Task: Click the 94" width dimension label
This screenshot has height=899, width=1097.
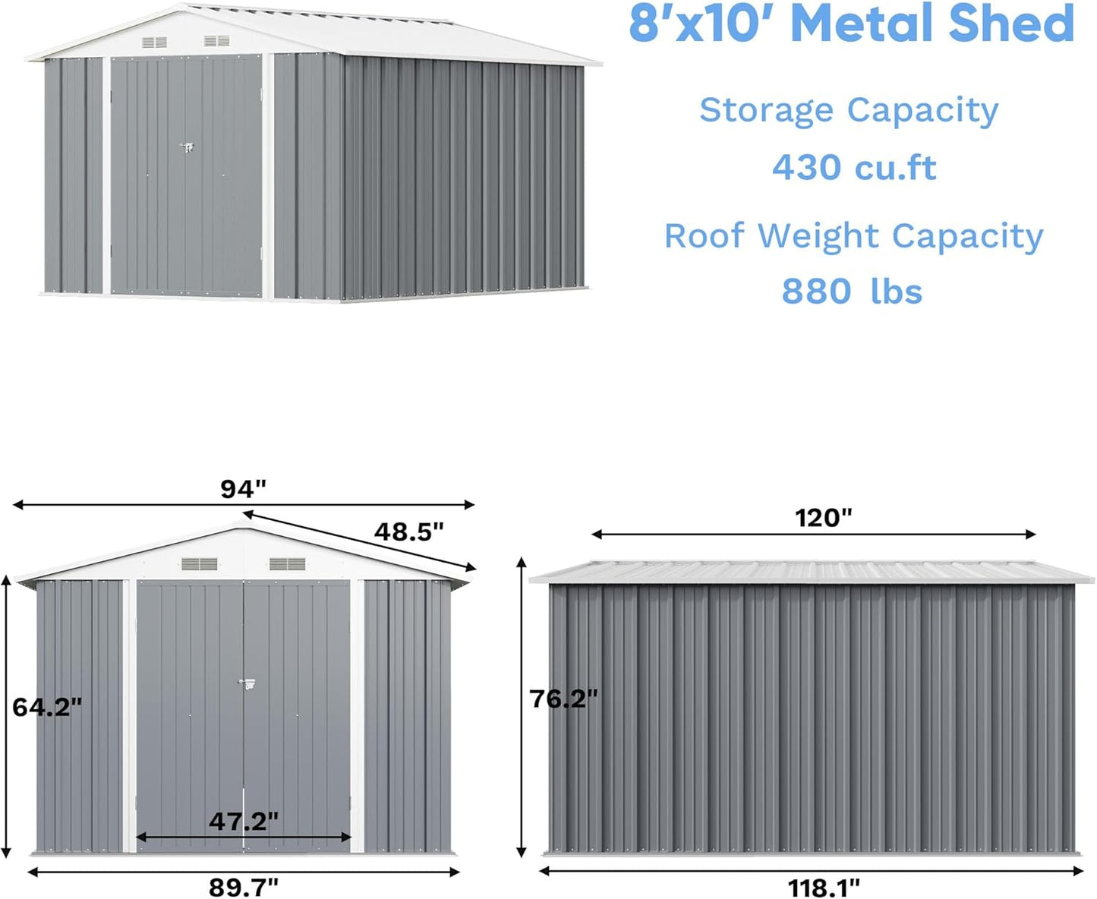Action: [x=244, y=489]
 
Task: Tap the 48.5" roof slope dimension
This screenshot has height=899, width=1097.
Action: [x=408, y=532]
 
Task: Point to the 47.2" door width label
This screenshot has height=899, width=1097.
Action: [x=244, y=821]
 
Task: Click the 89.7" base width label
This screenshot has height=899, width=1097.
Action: [x=244, y=886]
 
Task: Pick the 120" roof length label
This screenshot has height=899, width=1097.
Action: [x=824, y=518]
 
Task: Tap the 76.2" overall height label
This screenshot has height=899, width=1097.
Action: [x=564, y=699]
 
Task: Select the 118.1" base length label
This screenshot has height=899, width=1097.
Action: [x=824, y=886]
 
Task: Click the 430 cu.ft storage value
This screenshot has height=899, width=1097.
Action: [x=854, y=168]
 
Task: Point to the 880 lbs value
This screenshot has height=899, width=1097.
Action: [x=852, y=292]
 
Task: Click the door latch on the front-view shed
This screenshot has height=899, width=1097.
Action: [x=246, y=683]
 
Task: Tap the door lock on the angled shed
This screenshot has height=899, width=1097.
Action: [x=187, y=147]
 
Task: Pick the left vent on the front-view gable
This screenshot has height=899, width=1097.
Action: [x=200, y=564]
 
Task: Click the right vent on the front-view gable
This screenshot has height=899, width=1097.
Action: [x=288, y=564]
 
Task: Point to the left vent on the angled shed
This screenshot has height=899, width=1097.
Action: [x=155, y=43]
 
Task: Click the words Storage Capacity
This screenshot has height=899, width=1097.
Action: [x=849, y=111]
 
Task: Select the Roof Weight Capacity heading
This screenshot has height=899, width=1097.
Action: [x=854, y=236]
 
